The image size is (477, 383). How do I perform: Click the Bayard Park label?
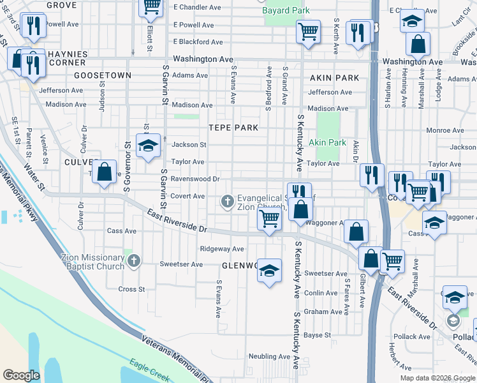pyautogui.click(x=286, y=10)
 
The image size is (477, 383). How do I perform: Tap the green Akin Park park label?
pyautogui.click(x=328, y=142)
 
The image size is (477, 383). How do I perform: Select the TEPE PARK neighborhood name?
pyautogui.click(x=233, y=128)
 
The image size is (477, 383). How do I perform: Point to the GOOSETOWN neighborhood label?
pyautogui.click(x=103, y=75)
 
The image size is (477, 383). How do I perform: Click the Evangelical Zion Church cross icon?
pyautogui.click(x=226, y=202)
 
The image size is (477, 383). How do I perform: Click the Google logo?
pyautogui.click(x=21, y=375)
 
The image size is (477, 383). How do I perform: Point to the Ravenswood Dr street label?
pyautogui.click(x=194, y=179)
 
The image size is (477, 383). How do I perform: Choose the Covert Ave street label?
pyautogui.click(x=187, y=196)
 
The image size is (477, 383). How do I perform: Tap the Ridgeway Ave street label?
pyautogui.click(x=221, y=248)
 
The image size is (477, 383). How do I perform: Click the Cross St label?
pyautogui.click(x=132, y=289)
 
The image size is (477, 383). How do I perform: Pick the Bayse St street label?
pyautogui.click(x=318, y=334)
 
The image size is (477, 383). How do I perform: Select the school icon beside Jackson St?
pyautogui.click(x=147, y=146)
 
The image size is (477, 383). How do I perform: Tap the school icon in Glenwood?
pyautogui.click(x=269, y=271)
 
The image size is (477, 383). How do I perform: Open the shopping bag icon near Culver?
pyautogui.click(x=105, y=173)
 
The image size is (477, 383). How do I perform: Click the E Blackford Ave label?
pyautogui.click(x=198, y=41)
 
